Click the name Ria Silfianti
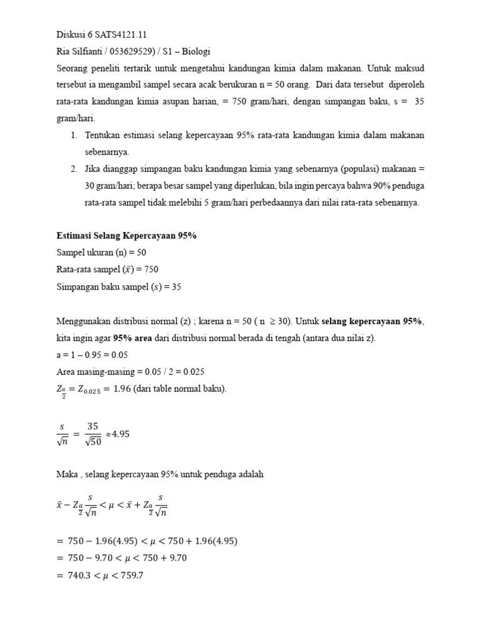coord(81,51)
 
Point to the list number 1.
coord(73,135)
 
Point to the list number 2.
coord(73,169)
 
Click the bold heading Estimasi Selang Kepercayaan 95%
coord(127,235)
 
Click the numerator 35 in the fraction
coord(93,426)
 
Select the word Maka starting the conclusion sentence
coord(68,475)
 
